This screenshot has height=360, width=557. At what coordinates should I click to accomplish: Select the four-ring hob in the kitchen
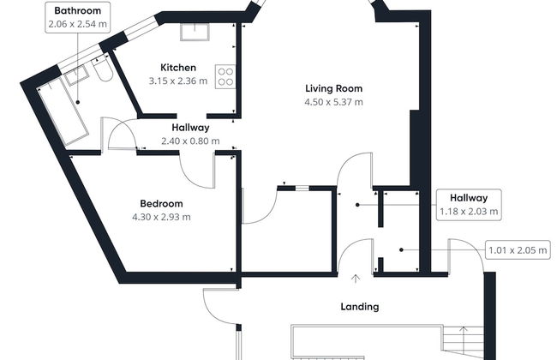[227, 76]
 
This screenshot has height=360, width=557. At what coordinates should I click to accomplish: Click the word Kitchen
[178, 68]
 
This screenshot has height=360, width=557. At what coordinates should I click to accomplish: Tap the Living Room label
[334, 88]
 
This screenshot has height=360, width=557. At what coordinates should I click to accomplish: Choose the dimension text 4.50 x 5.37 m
[335, 102]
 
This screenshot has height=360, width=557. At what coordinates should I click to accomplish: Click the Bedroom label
[162, 203]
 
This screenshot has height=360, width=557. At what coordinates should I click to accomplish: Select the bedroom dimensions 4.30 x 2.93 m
[162, 217]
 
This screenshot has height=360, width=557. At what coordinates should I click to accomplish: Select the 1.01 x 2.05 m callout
[518, 251]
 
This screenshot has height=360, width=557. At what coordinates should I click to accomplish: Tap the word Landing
[359, 306]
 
